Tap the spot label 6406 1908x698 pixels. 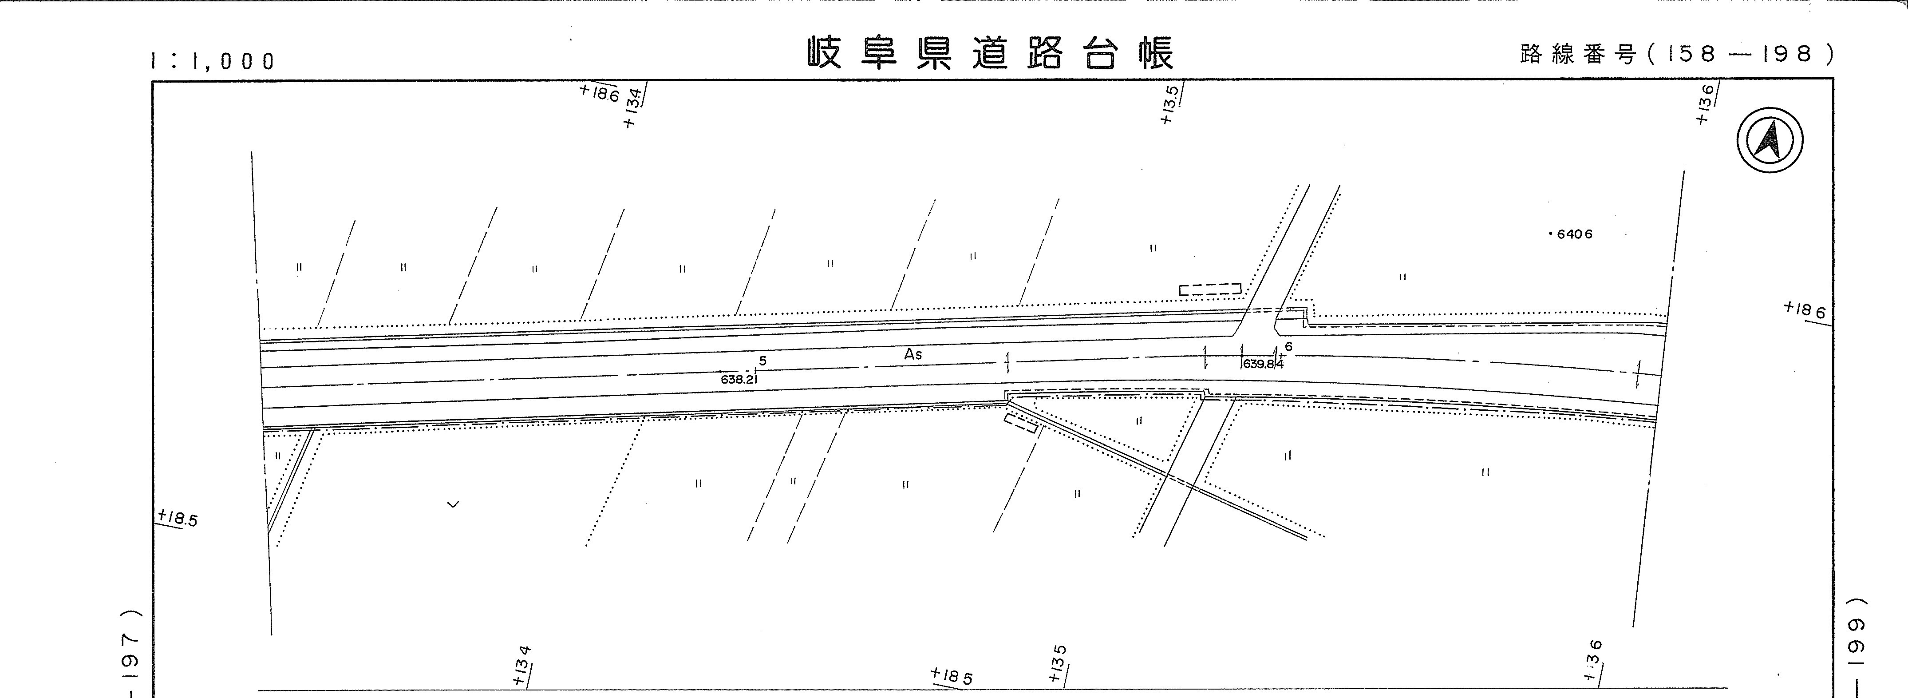coord(1574,234)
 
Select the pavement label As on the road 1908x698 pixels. coord(913,354)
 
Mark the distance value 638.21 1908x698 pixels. coord(739,379)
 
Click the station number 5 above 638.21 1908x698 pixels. coord(763,361)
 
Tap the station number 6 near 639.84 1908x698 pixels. coord(1289,346)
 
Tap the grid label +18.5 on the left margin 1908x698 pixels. coord(178,517)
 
